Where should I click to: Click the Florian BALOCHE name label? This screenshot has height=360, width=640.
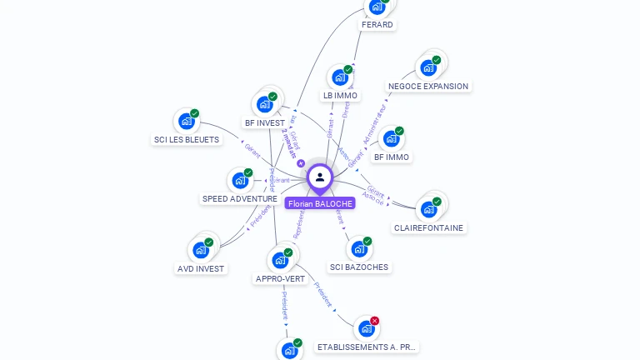[320, 203]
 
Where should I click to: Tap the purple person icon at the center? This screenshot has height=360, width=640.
[320, 177]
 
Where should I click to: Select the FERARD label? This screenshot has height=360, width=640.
[377, 25]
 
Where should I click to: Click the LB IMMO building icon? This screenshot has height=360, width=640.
[339, 78]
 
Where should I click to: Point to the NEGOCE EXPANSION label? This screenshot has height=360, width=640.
[428, 87]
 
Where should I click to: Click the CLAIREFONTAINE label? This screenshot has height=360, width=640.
[428, 228]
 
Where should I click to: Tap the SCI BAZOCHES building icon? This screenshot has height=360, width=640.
[358, 249]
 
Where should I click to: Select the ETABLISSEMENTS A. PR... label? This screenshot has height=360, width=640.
[367, 347]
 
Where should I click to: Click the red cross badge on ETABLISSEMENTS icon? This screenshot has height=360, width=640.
[375, 321]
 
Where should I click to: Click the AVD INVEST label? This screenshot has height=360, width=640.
[201, 269]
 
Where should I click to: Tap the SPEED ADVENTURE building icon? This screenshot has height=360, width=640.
[239, 181]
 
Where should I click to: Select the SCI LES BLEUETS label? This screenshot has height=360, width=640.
[187, 140]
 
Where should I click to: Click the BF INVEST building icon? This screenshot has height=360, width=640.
[264, 104]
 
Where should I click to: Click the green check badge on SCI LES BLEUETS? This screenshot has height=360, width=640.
[194, 113]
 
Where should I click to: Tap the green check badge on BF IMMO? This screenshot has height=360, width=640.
[399, 131]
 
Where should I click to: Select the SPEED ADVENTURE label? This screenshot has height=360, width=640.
[240, 199]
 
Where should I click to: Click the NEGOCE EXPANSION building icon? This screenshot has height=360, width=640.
[428, 67]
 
